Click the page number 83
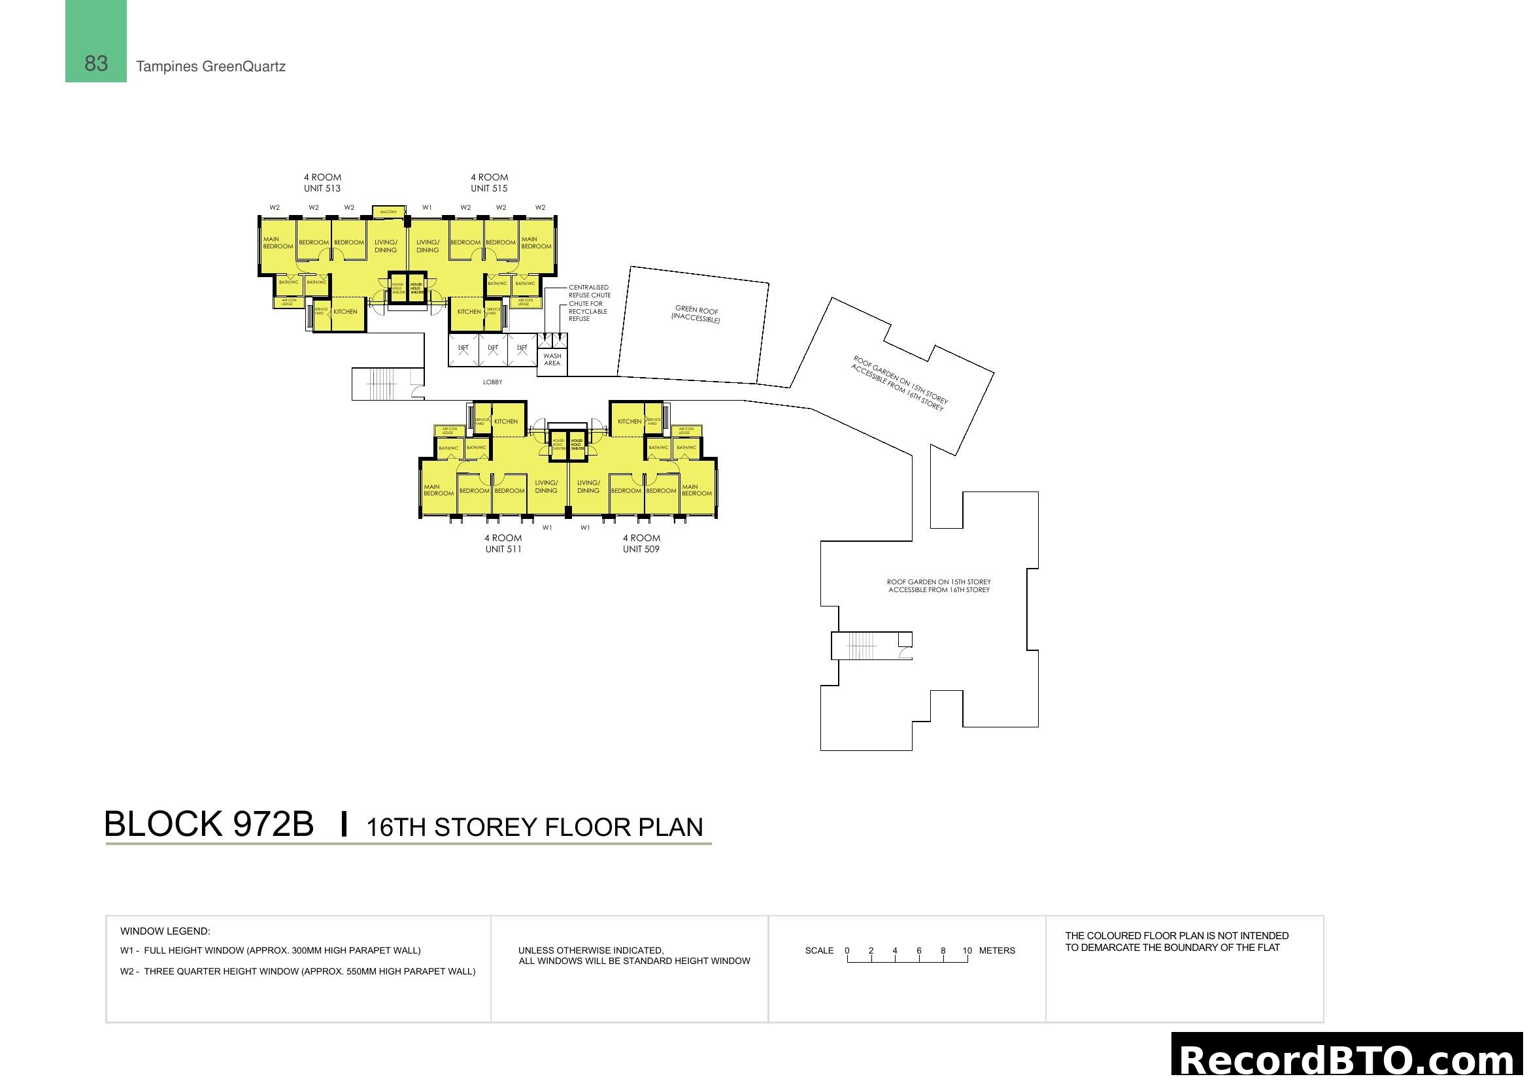(96, 63)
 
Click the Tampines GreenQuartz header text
(210, 67)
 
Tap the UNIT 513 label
(322, 188)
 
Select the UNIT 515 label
(489, 188)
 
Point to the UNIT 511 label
(503, 549)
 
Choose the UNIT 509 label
(641, 549)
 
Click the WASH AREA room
(552, 360)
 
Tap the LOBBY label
(493, 382)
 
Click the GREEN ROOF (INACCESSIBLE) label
(696, 314)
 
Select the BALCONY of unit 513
(388, 212)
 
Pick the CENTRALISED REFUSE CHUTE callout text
(590, 291)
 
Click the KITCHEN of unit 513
(346, 312)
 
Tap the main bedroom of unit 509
(697, 490)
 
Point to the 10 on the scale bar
(967, 950)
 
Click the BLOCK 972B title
(209, 824)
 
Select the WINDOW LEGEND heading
(165, 931)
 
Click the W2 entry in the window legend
(297, 972)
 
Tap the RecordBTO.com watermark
(1348, 1058)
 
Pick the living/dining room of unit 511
(546, 487)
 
